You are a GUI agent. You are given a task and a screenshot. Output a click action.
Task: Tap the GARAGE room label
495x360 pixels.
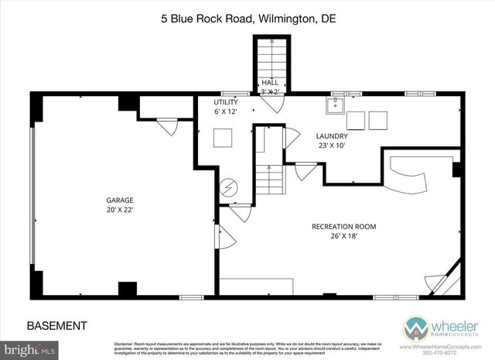pyautogui.click(x=120, y=200)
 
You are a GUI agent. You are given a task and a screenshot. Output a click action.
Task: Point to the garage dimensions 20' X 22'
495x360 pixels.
pyautogui.click(x=120, y=210)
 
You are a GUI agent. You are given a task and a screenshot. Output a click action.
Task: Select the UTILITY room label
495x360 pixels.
pyautogui.click(x=227, y=102)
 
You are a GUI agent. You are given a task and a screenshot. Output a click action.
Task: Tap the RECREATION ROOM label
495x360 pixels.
pyautogui.click(x=343, y=226)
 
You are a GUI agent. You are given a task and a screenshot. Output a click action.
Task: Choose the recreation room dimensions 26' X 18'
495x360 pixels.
pyautogui.click(x=344, y=236)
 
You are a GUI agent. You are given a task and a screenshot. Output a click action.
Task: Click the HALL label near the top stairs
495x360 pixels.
pyautogui.click(x=270, y=81)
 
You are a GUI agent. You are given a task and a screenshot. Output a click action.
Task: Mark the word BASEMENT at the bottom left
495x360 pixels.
pyautogui.click(x=57, y=325)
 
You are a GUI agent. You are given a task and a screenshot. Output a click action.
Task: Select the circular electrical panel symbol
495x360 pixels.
pyautogui.click(x=230, y=187)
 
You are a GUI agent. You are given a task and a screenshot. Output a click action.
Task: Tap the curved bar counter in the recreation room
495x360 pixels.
pyautogui.click(x=410, y=176)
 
